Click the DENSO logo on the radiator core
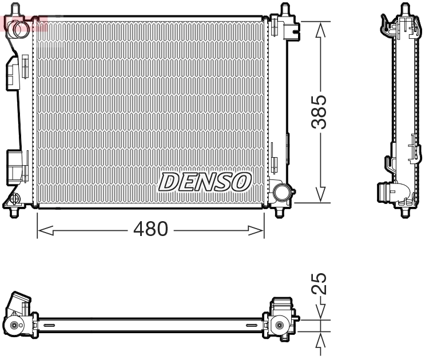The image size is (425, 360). [204, 182]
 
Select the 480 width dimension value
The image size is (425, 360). [150, 229]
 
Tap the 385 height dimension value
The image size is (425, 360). [322, 111]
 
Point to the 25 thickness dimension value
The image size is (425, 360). [322, 283]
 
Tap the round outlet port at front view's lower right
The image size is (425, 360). [281, 191]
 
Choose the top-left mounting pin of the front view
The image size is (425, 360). [15, 10]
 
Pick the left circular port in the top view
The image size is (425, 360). [14, 326]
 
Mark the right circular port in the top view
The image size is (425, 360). [279, 325]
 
